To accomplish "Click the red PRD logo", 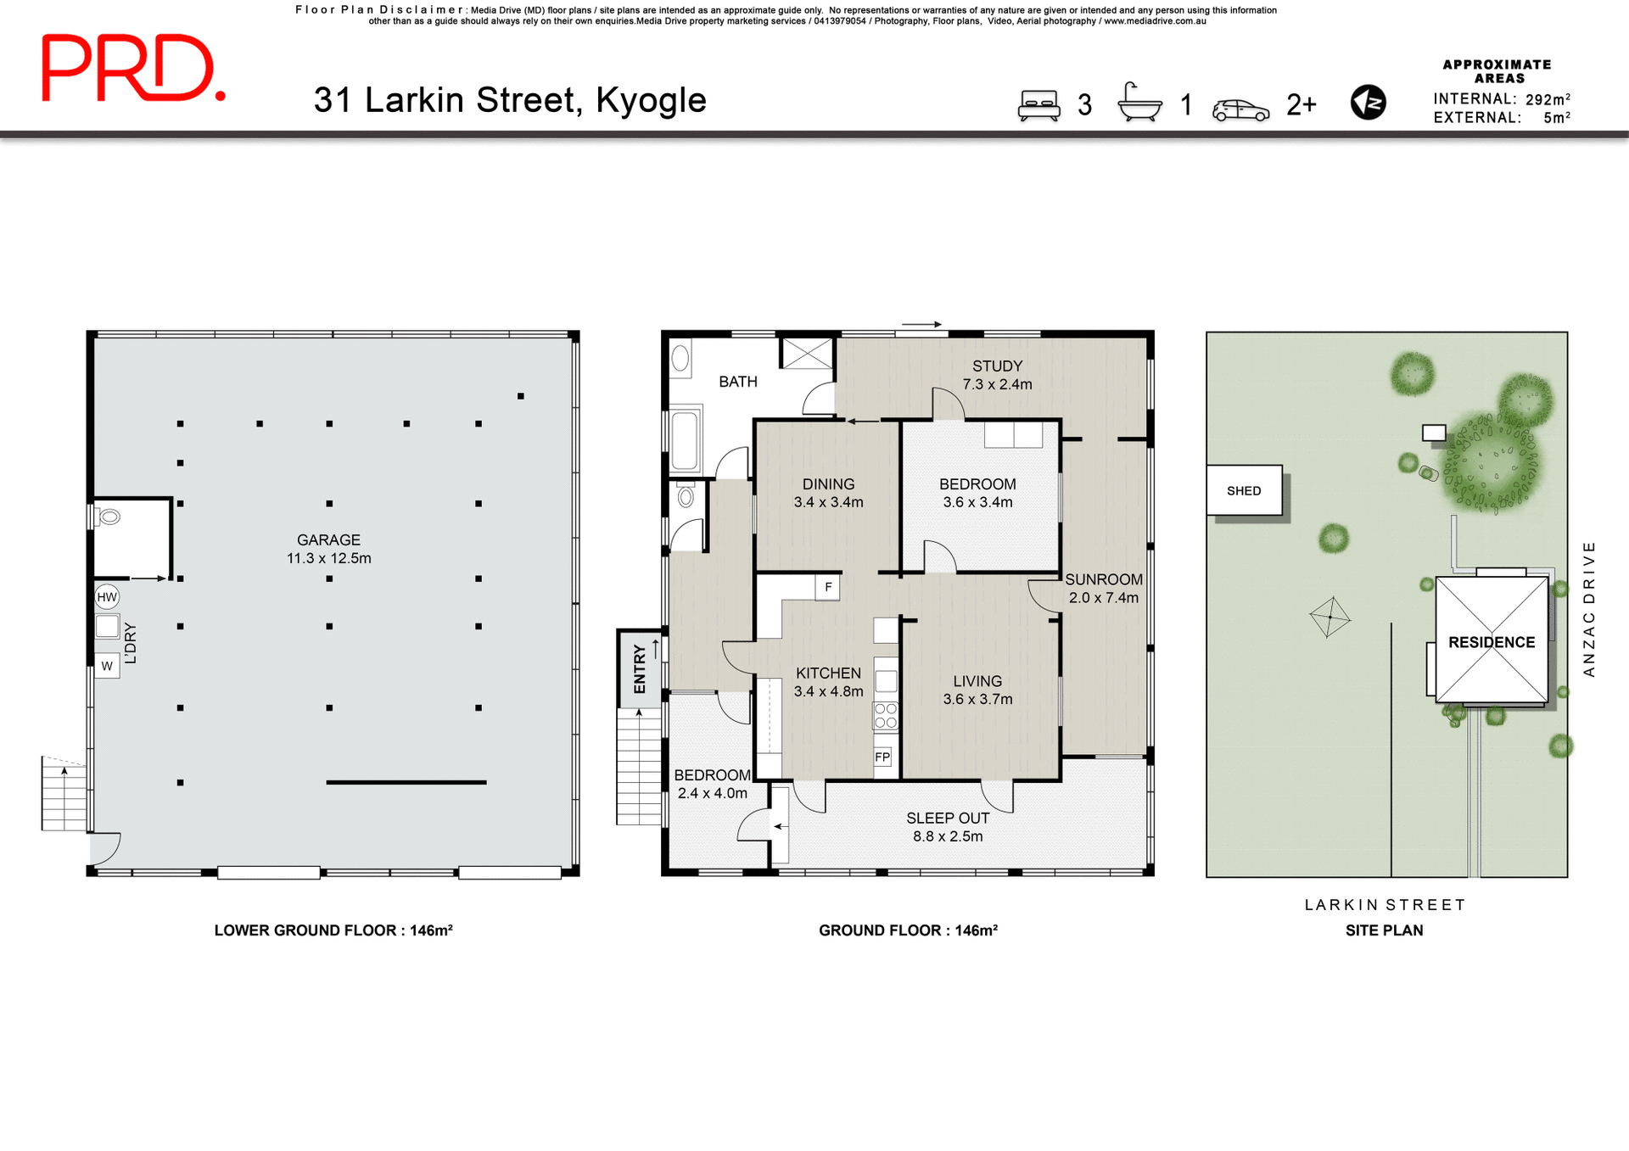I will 133,68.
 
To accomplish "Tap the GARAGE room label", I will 328,549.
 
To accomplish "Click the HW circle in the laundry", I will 107,597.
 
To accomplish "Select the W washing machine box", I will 107,666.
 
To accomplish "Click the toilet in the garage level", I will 109,516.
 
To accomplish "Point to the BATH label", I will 737,382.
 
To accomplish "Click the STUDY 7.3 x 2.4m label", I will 997,375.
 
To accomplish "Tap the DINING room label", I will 828,493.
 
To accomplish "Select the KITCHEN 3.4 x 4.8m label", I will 828,682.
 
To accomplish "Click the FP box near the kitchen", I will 882,757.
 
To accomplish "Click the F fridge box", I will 828,587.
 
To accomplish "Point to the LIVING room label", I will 977,690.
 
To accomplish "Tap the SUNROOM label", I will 1103,588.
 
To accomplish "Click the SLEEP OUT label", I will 948,827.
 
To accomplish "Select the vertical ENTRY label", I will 640,668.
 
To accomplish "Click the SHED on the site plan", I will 1244,490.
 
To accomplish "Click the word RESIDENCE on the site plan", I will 1492,642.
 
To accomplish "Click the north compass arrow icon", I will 1368,103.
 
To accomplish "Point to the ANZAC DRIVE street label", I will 1589,608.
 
